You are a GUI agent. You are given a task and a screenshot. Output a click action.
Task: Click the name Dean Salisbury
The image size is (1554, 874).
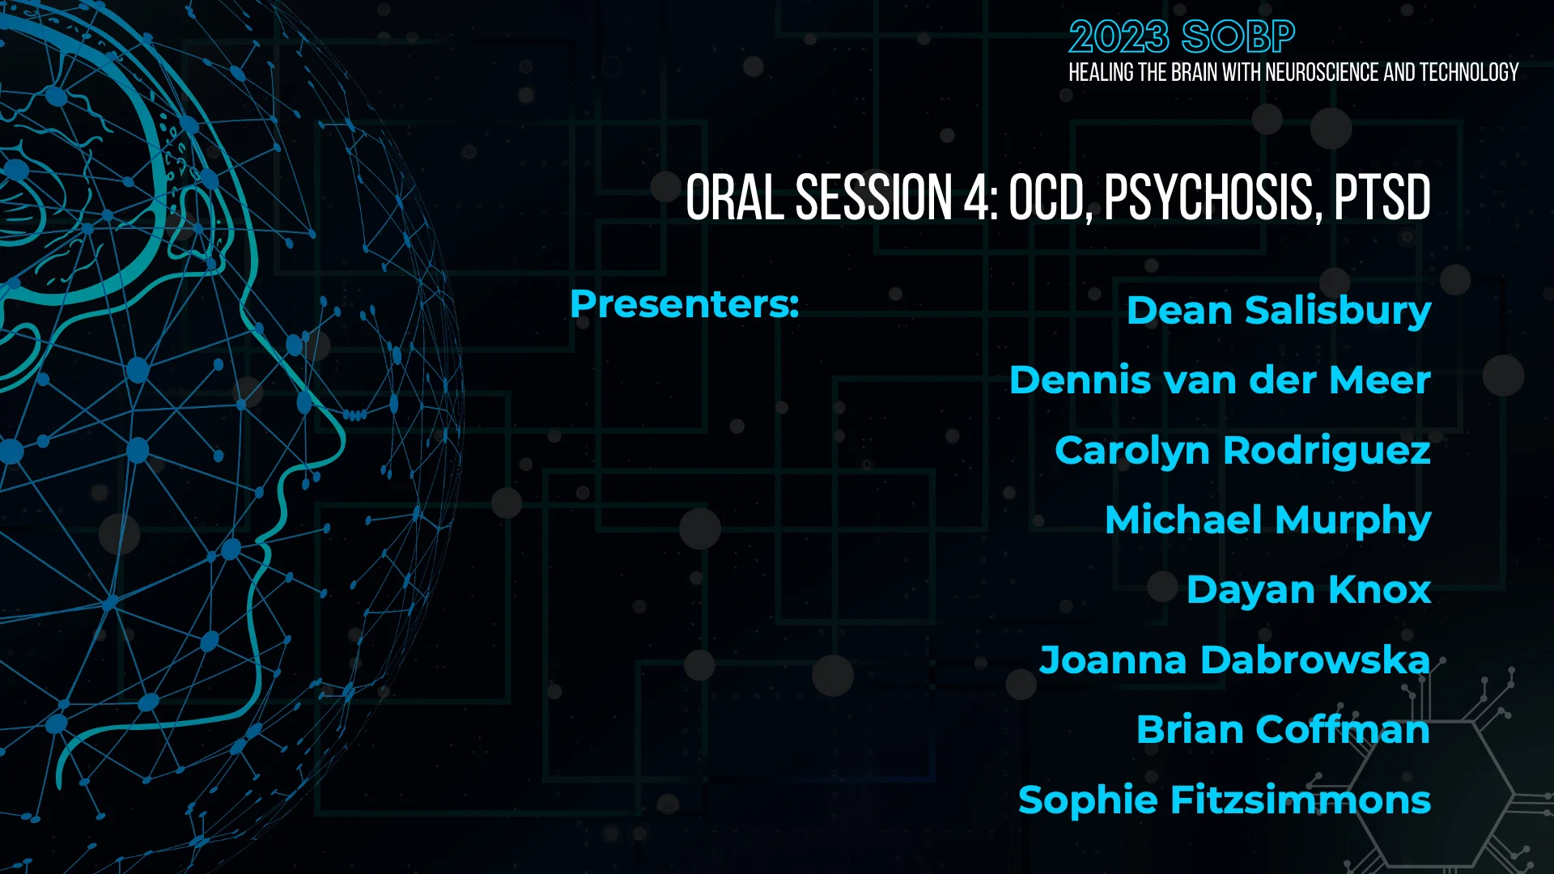pos(1278,311)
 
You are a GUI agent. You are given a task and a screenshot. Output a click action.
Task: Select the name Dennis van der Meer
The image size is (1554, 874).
pos(1220,380)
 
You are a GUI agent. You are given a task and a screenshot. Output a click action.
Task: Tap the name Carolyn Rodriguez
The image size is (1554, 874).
pos(1242,451)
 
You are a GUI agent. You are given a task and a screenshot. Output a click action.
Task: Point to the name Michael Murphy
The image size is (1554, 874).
pos(1267,520)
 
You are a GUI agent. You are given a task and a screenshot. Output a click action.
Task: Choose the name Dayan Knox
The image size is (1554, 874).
pos(1308,590)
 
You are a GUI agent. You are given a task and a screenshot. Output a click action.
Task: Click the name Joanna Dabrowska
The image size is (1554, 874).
pos(1234,660)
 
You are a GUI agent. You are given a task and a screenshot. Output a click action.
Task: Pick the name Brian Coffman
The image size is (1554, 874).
pos(1283,730)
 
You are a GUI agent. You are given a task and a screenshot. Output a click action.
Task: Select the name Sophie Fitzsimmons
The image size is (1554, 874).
pos(1224,800)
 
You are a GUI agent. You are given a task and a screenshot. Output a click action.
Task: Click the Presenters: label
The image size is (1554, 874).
pos(684,304)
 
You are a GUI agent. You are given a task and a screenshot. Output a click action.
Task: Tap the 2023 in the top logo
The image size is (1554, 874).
pos(1119,37)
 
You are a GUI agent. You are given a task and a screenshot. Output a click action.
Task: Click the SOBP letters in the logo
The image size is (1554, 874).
pos(1238,37)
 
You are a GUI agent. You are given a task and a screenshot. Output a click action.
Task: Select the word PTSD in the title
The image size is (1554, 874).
pos(1382,197)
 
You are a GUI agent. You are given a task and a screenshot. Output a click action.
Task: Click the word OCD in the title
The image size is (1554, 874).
pos(1050,197)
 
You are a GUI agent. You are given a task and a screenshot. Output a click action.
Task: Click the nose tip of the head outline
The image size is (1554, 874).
pos(343,442)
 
